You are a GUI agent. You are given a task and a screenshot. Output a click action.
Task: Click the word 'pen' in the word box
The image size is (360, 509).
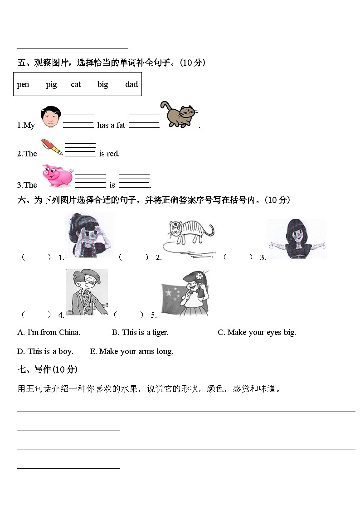coord(23,85)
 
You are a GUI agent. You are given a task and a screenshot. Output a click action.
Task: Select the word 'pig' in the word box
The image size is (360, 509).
coord(51,85)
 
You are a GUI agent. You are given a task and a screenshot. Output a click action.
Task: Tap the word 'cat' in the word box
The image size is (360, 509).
coord(76,85)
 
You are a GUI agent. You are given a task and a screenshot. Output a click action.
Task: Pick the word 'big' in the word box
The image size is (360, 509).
coord(102,85)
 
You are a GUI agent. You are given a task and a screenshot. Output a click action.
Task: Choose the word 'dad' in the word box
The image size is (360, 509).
coord(131,85)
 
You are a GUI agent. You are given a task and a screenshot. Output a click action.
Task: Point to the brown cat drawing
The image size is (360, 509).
coord(179,115)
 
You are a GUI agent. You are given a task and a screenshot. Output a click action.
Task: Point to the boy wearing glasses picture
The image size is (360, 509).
coord(87,292)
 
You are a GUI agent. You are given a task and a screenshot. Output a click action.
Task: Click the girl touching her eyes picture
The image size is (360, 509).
coord(89,235)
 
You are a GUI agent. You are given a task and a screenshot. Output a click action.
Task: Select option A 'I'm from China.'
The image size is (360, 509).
coord(49,333)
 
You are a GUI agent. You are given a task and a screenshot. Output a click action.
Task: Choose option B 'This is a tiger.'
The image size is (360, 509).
coord(140,333)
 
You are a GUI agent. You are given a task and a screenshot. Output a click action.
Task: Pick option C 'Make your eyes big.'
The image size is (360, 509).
coord(257,333)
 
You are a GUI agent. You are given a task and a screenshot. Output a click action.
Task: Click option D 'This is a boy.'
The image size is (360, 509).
coord(45,351)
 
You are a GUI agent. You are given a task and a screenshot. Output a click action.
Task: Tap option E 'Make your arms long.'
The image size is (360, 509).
coord(131,351)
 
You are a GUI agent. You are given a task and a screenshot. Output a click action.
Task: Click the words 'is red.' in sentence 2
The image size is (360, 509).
coord(109,154)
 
